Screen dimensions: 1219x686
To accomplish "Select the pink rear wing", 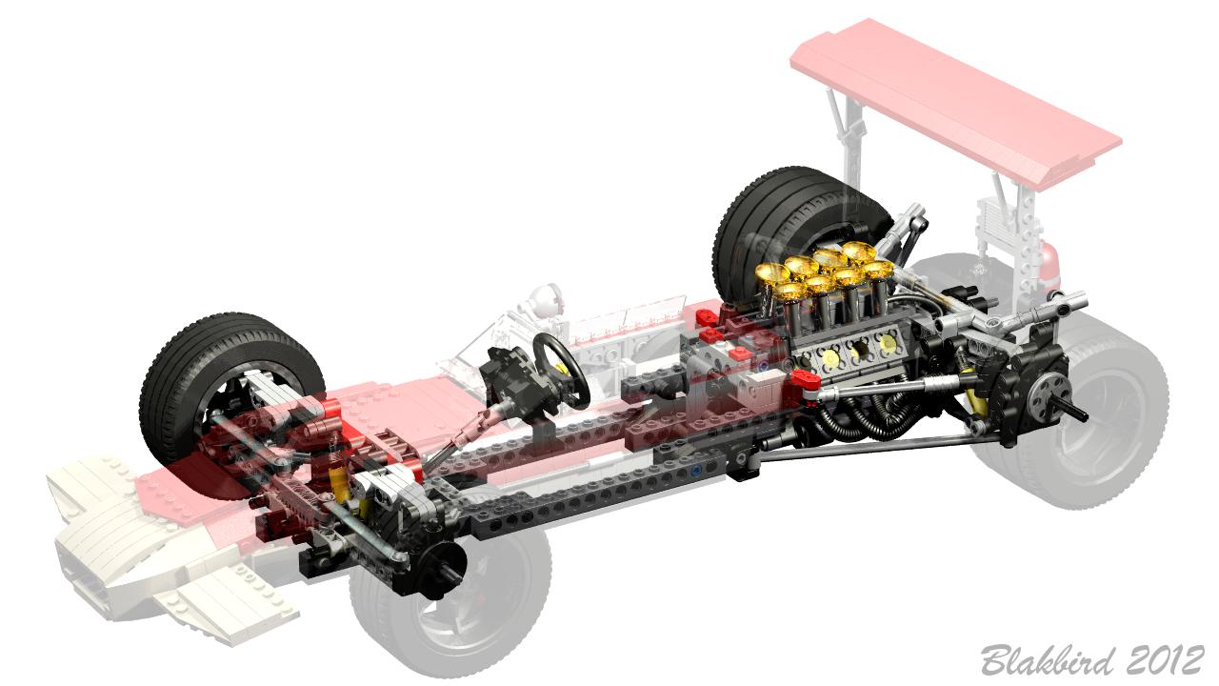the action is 955,104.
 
